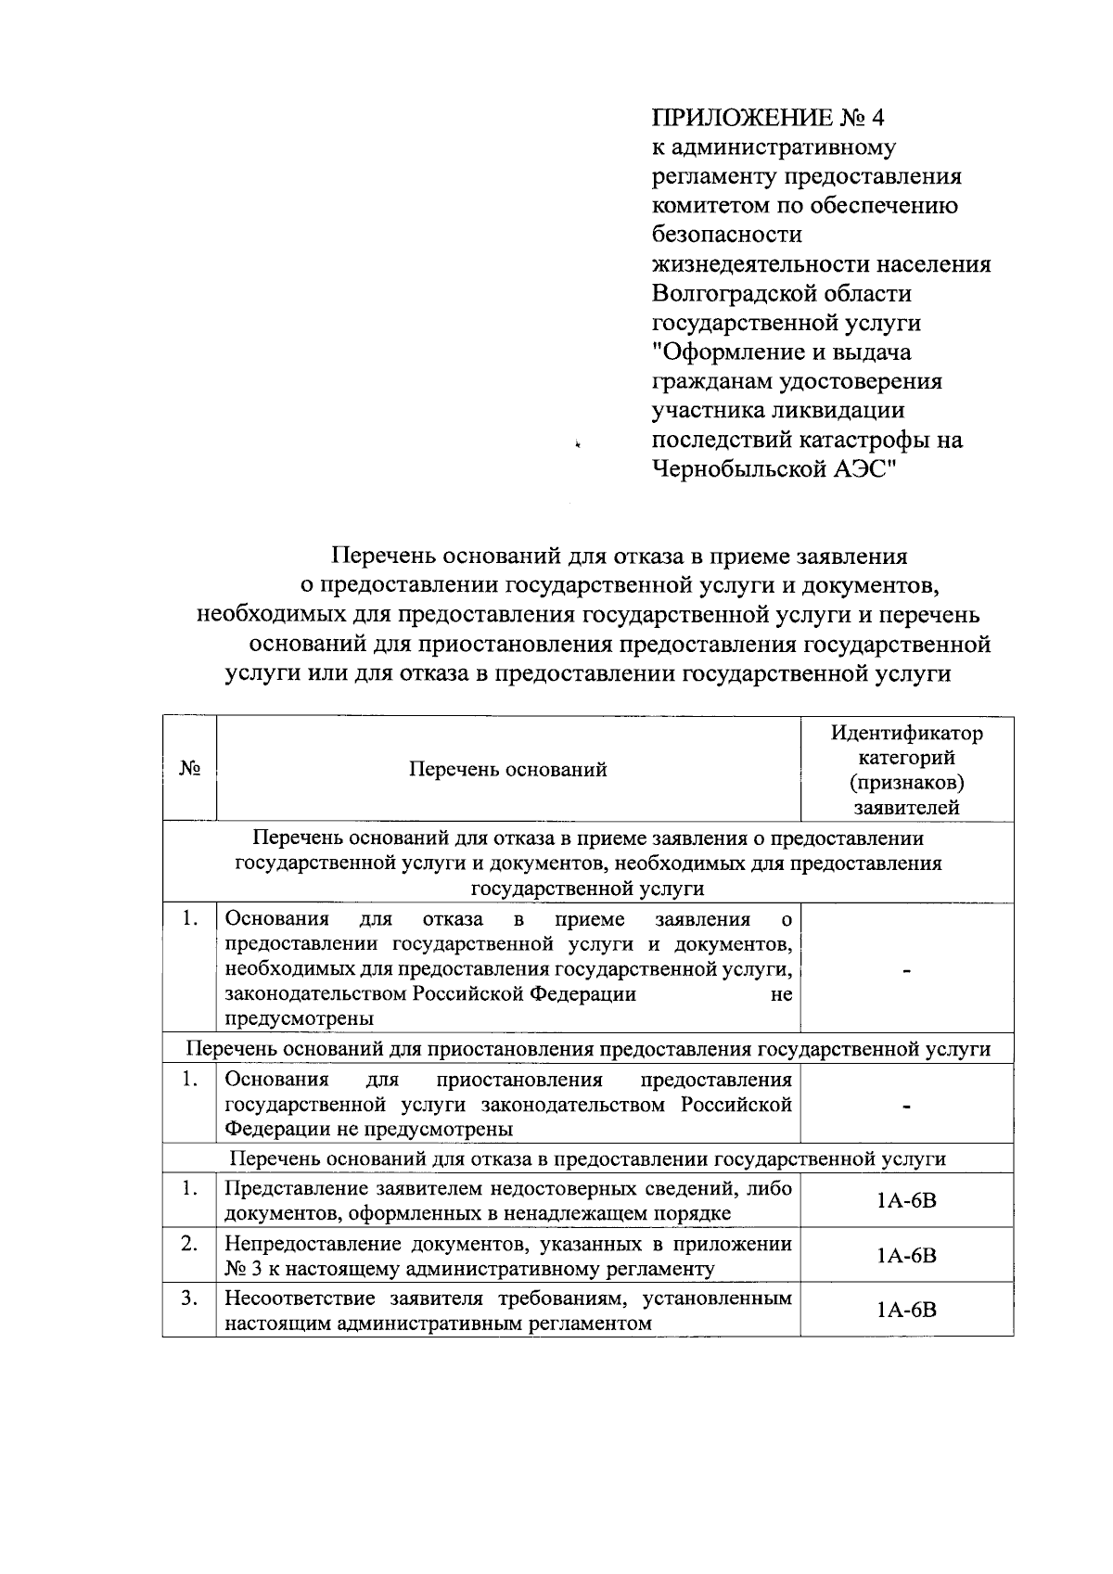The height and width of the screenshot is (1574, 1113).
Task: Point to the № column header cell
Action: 189,769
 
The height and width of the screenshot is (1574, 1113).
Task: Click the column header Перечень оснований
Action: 507,769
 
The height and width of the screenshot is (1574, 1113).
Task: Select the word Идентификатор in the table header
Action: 906,734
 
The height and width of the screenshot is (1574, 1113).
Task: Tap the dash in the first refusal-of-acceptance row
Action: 907,970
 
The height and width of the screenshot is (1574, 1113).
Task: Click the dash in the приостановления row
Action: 907,1106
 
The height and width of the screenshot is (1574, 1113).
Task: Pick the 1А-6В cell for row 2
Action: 906,1256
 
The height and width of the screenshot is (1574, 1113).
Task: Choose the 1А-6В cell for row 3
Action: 906,1310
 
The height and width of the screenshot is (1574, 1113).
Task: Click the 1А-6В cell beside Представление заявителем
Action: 906,1201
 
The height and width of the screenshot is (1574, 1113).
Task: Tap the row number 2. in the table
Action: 189,1244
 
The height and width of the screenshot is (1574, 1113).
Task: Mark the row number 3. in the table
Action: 189,1299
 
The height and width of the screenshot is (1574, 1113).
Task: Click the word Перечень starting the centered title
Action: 384,557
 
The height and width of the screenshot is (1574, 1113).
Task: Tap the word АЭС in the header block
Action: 864,469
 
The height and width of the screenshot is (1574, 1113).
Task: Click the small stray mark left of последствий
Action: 577,445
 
